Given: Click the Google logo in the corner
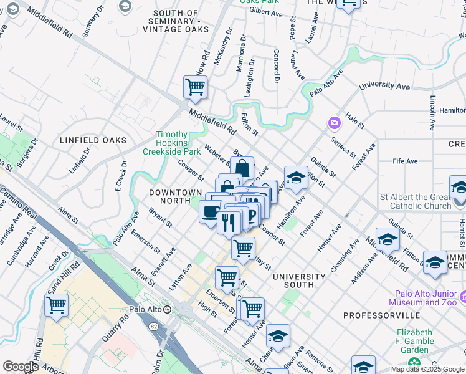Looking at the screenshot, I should click(21, 367).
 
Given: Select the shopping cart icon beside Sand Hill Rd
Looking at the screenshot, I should click(56, 306).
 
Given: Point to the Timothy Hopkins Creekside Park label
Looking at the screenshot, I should click(171, 143).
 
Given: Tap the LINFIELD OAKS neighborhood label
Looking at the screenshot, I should click(93, 141).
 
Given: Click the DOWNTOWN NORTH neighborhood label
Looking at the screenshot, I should click(175, 197).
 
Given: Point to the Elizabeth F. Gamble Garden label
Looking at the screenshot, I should click(414, 341).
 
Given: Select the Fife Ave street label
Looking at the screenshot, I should click(405, 161).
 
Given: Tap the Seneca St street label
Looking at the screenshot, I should click(343, 146).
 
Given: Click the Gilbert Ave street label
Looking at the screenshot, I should click(266, 12).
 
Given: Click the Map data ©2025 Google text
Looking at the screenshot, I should click(427, 369).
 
